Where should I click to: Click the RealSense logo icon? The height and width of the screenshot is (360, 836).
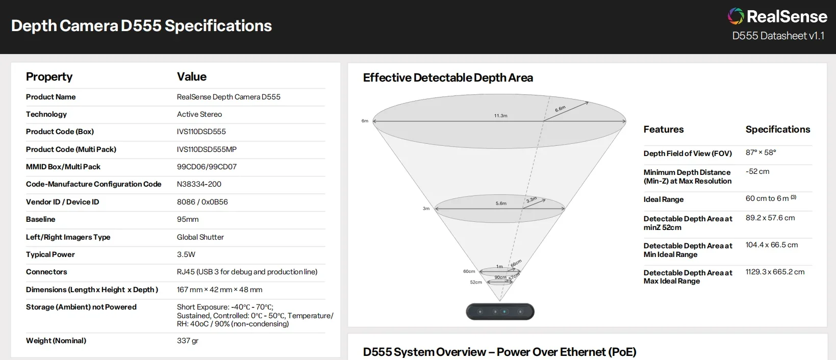(736, 16)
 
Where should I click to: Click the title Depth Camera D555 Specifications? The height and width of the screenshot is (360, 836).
(141, 26)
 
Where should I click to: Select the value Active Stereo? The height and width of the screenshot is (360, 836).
(199, 114)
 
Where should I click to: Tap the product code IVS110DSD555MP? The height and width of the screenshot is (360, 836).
(207, 149)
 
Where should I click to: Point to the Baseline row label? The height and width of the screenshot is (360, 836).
(40, 219)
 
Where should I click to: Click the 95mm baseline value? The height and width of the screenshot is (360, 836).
(188, 219)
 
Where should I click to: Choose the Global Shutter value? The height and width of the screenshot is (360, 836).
(200, 237)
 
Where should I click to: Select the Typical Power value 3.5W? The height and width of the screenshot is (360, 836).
(186, 254)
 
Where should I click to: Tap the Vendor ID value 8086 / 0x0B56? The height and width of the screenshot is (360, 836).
(202, 202)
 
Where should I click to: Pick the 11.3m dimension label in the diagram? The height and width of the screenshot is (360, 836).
(500, 116)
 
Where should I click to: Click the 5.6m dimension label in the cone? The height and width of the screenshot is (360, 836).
(501, 203)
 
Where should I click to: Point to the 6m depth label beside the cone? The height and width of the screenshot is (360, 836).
(365, 121)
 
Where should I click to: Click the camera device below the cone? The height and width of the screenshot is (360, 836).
(500, 312)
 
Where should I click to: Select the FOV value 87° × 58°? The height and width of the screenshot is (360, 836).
(761, 152)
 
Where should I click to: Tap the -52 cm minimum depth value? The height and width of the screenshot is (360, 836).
(757, 171)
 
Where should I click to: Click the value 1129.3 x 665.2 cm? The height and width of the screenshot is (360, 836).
(775, 272)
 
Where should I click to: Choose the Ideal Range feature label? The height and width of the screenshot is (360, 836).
(663, 199)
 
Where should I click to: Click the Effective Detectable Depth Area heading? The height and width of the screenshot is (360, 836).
(448, 78)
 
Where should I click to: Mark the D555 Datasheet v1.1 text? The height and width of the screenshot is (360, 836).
(778, 36)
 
